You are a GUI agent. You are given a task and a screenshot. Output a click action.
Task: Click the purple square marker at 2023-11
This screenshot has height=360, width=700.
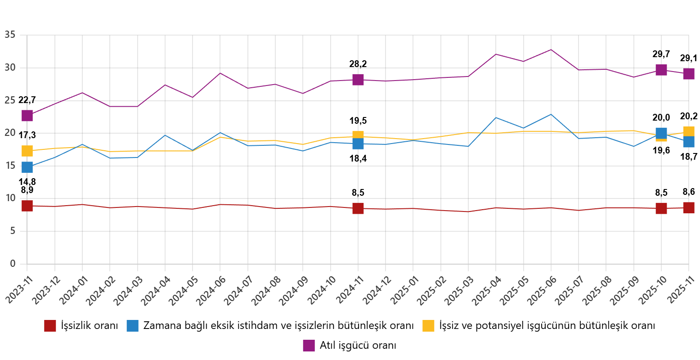click(x=27, y=116)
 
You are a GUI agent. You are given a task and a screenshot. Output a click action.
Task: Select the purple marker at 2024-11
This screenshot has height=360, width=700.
click(x=358, y=80)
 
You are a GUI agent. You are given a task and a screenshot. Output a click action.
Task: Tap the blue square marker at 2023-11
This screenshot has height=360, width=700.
click(x=27, y=167)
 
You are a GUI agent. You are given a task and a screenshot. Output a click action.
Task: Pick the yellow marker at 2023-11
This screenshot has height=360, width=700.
click(x=27, y=151)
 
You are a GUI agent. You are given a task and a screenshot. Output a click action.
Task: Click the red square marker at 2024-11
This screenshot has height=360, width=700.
click(x=358, y=208)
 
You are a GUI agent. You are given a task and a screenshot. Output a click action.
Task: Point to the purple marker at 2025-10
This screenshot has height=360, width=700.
click(x=661, y=70)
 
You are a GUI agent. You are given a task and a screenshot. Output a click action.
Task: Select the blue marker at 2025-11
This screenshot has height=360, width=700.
click(x=689, y=142)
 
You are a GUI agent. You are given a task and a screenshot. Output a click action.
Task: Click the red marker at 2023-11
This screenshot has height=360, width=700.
click(x=27, y=206)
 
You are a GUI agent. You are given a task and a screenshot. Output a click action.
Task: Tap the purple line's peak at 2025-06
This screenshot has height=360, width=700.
click(x=551, y=49)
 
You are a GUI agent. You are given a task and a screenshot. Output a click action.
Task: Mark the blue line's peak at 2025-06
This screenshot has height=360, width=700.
click(x=551, y=114)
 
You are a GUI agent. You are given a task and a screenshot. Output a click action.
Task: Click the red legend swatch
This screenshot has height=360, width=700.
click(x=50, y=326)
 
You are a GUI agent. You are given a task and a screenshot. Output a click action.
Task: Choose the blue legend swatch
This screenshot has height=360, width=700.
click(x=132, y=326)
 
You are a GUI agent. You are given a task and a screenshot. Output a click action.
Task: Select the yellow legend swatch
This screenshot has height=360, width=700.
click(x=428, y=326)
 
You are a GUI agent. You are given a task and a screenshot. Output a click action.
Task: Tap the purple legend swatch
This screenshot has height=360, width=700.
click(x=309, y=346)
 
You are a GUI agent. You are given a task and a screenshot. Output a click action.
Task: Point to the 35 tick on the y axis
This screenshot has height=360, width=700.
click(x=10, y=35)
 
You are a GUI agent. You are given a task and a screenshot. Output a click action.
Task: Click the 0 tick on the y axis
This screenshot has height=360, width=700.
click(x=13, y=263)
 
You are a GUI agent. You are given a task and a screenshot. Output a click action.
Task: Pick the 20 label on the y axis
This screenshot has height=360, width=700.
click(x=10, y=133)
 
